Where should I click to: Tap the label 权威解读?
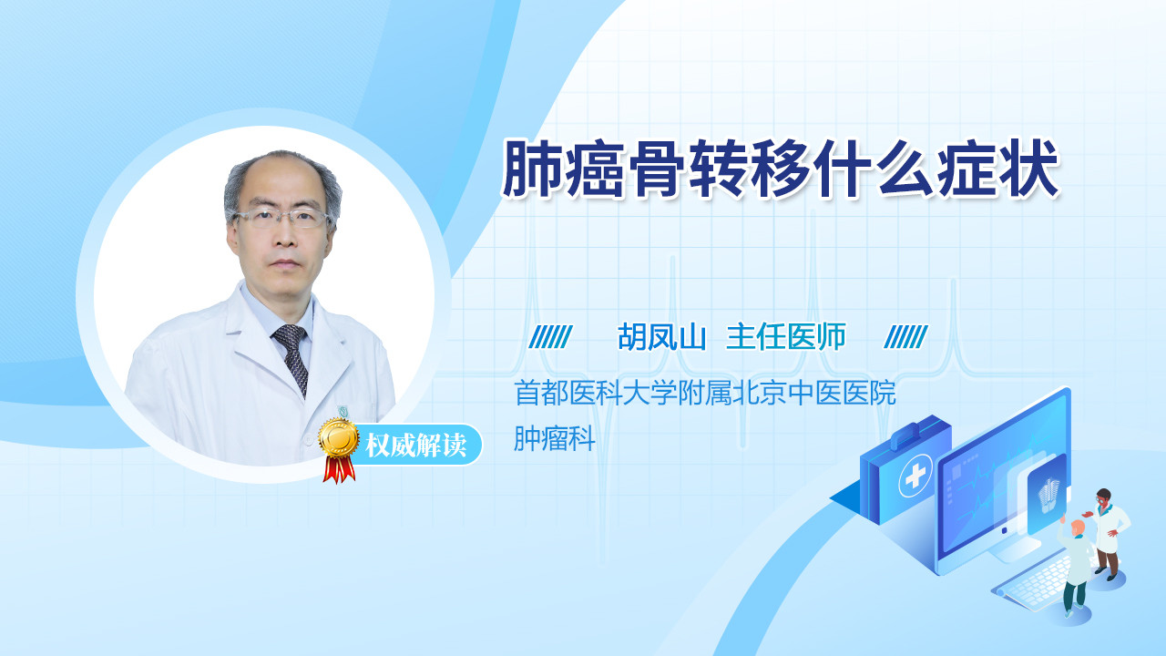(x=415, y=446)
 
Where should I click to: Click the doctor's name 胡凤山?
(x=661, y=337)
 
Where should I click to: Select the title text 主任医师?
(x=786, y=337)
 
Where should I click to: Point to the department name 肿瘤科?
(x=555, y=438)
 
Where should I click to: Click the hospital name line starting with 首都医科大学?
(x=705, y=393)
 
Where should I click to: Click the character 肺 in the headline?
(x=533, y=169)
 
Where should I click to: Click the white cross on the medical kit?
(x=915, y=476)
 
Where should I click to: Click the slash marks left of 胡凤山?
(x=551, y=337)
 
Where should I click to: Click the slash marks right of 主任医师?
(x=906, y=337)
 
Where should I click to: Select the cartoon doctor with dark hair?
(x=1107, y=533)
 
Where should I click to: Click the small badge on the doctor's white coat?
(x=344, y=412)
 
